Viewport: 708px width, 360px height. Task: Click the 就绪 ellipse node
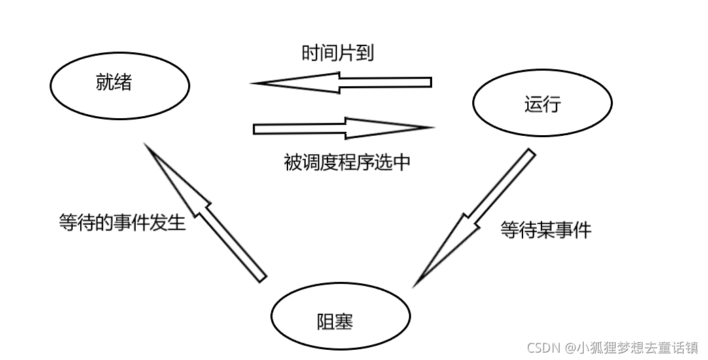(120, 86)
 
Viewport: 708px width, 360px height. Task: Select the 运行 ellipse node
(542, 104)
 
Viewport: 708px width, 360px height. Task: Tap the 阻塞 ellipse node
(340, 315)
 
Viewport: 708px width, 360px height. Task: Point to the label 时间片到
(338, 54)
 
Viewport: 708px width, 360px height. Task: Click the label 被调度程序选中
(347, 162)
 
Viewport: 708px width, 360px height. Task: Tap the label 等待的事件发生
(122, 222)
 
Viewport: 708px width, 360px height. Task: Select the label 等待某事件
(546, 230)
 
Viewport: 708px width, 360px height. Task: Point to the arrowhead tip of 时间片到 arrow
(253, 84)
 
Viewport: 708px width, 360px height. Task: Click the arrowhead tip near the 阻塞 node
(414, 286)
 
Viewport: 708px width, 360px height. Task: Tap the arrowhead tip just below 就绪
(147, 144)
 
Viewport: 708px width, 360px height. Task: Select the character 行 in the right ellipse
(552, 105)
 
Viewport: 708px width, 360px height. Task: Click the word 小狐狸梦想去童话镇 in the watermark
(637, 347)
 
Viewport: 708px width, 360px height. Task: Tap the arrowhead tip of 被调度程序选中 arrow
(433, 127)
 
